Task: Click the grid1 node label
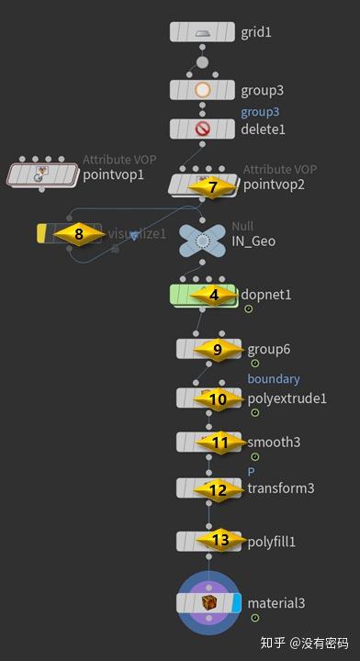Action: click(x=256, y=32)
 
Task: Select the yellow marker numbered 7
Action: click(x=213, y=186)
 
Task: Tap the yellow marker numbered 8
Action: click(x=79, y=234)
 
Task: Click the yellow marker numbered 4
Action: click(x=214, y=296)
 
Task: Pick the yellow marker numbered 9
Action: click(x=218, y=350)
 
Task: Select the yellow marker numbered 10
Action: click(x=218, y=398)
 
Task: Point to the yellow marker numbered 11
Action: click(x=219, y=443)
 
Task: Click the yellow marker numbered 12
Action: click(x=218, y=490)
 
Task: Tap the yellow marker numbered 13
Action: click(x=220, y=540)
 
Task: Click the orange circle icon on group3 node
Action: click(x=203, y=90)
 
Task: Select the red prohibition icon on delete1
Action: click(x=203, y=129)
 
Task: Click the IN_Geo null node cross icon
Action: click(x=202, y=241)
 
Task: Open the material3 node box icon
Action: click(x=208, y=603)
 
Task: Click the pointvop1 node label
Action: click(x=114, y=174)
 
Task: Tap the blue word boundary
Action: click(x=274, y=378)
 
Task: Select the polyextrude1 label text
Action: click(x=287, y=398)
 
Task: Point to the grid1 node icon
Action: click(x=203, y=32)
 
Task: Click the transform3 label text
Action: click(x=280, y=488)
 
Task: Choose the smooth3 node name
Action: click(x=274, y=443)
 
